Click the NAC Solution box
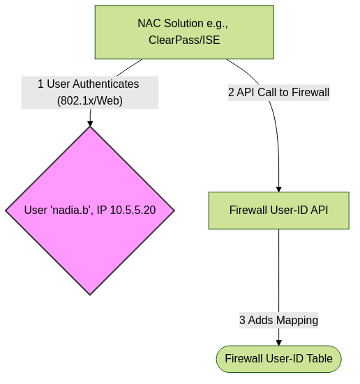pos(184,32)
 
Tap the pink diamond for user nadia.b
pos(90,210)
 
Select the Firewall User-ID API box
pos(279,210)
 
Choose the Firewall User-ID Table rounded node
pos(279,359)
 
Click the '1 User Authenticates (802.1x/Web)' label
pos(90,92)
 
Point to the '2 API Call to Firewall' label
pos(279,93)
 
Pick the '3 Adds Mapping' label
pos(279,320)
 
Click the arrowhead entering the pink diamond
pos(90,123)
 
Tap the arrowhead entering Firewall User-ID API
pos(279,189)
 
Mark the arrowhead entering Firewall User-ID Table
pos(279,343)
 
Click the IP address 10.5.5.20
pos(133,210)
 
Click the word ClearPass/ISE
pos(184,40)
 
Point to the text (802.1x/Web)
pos(90,100)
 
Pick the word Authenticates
pos(105,84)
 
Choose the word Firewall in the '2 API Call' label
pos(310,92)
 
